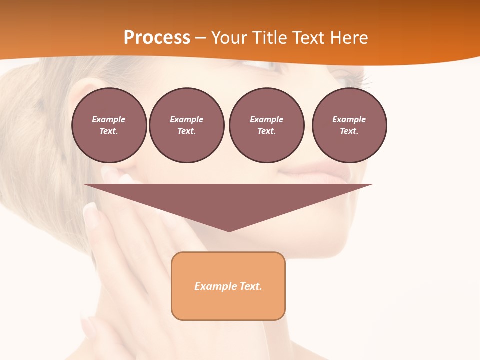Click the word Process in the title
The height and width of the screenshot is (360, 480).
pos(157,38)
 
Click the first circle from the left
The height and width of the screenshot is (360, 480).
pos(109,125)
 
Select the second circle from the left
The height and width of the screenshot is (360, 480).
pos(186,125)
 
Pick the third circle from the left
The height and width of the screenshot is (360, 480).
pos(266,125)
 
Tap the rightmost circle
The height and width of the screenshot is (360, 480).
pos(349,125)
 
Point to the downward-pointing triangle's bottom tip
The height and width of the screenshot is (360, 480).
pos(229,231)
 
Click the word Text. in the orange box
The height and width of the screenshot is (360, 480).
pos(252,286)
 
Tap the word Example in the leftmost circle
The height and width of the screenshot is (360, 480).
pos(109,119)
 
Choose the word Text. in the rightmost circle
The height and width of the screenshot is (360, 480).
pos(349,131)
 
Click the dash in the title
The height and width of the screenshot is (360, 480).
pos(200,38)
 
